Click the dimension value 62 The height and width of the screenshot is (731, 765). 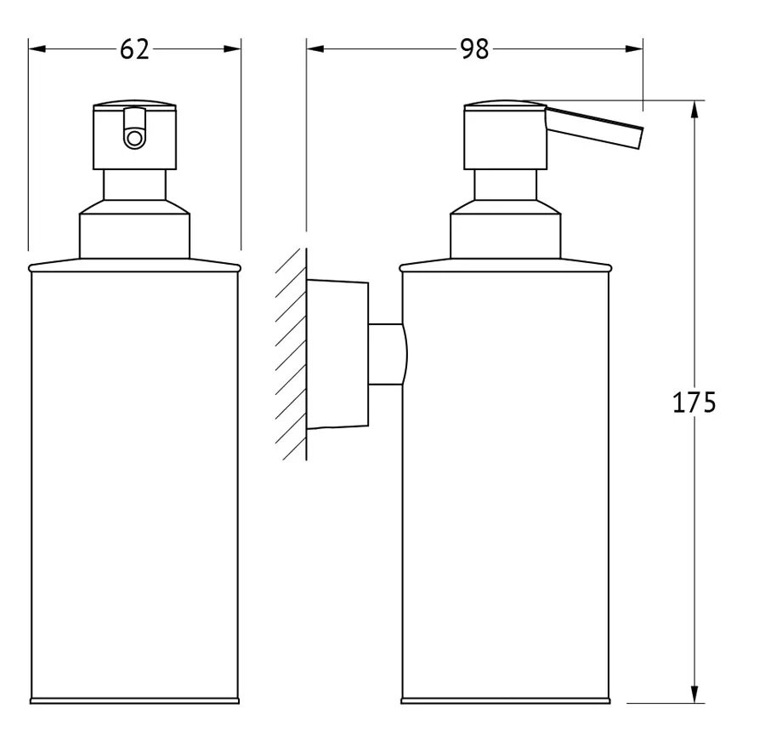[134, 49]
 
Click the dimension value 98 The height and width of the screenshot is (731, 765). [473, 49]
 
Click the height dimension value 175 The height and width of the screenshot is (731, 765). [694, 403]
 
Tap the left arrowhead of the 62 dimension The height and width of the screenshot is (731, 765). [37, 49]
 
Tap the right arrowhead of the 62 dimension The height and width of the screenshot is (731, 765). [232, 49]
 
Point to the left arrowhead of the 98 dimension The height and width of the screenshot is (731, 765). [315, 49]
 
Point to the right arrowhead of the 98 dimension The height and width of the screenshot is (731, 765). [634, 49]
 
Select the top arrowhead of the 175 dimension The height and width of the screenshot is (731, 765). [694, 110]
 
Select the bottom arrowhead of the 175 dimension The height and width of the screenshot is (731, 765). [694, 694]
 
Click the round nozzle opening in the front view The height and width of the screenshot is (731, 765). [134, 139]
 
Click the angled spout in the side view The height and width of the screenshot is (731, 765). [594, 128]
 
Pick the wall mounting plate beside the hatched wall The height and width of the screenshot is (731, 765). [337, 355]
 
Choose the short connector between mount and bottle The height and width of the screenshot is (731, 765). [388, 354]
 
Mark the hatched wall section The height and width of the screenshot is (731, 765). [292, 354]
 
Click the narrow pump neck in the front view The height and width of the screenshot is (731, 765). [134, 185]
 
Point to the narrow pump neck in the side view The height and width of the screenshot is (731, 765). [506, 185]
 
